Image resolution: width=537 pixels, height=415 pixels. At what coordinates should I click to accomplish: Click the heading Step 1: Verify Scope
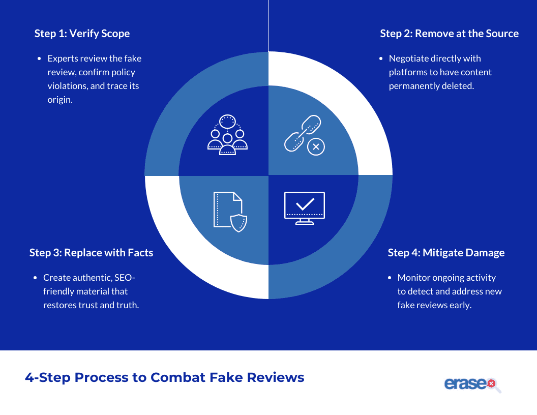[82, 34]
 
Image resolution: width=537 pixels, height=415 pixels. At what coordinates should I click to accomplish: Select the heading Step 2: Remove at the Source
[450, 34]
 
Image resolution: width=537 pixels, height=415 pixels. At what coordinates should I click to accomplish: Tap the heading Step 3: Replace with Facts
[91, 253]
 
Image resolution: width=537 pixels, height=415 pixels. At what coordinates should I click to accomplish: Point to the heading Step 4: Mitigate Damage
[446, 253]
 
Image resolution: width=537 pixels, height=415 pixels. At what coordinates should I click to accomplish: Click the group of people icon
[227, 135]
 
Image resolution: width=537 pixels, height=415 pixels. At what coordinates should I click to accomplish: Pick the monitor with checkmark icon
[305, 208]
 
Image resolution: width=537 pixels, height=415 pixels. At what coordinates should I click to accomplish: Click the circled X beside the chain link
[316, 147]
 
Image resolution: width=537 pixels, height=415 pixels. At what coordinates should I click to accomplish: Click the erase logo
[472, 384]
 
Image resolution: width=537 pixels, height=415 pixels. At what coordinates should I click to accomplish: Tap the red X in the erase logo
[491, 383]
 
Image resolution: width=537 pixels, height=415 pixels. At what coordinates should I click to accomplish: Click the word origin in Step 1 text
[60, 100]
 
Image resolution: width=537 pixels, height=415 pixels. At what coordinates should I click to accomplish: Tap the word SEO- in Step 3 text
[125, 277]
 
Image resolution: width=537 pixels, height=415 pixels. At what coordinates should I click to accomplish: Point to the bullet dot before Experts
[39, 59]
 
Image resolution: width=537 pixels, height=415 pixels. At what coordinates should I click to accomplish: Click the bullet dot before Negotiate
[381, 59]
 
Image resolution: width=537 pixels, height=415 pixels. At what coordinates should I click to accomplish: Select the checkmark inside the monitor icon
[305, 204]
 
